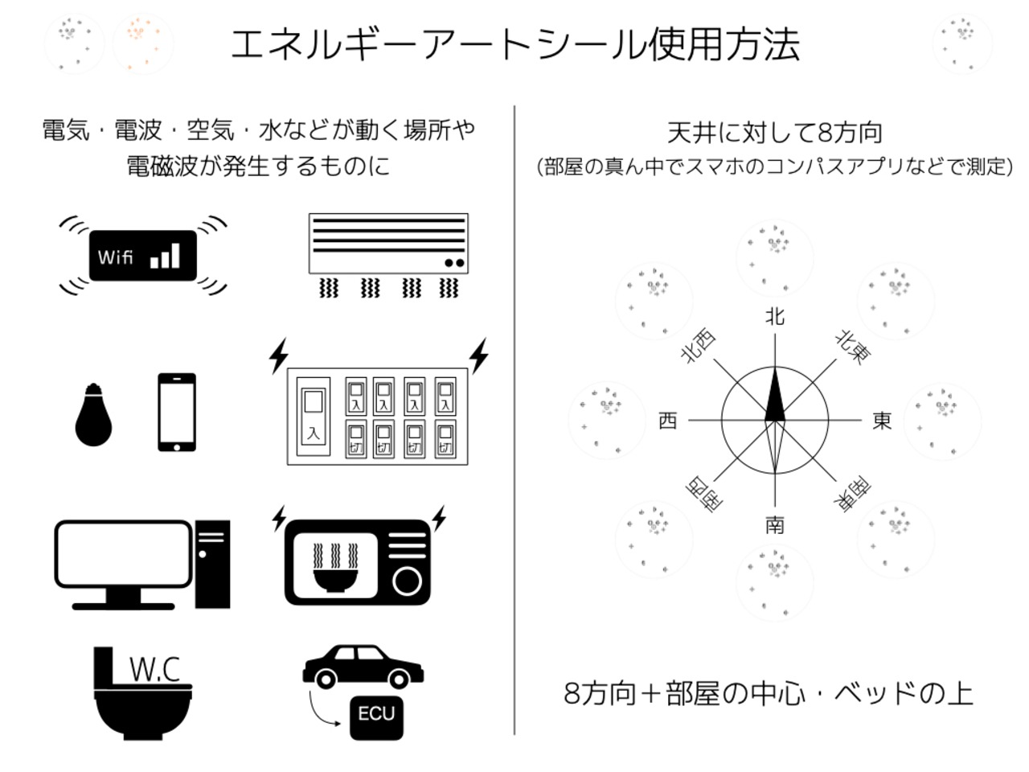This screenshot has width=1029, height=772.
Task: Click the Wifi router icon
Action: [x=143, y=256]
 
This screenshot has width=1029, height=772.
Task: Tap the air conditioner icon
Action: [x=388, y=243]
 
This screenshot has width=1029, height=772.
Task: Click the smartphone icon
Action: [x=177, y=412]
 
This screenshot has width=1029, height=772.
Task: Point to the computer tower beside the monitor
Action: [x=213, y=564]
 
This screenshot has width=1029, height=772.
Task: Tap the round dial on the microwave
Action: [x=408, y=580]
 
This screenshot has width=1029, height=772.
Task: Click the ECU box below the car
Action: [x=376, y=714]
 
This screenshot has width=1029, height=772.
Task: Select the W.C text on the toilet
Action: [x=154, y=669]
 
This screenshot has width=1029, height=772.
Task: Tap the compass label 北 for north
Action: [x=774, y=317]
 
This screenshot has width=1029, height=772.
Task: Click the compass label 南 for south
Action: [x=774, y=525]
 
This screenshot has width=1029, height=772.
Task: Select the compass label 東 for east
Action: [x=882, y=421]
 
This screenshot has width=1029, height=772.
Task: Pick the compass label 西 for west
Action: [x=667, y=421]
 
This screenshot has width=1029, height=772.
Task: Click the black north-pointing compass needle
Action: [x=775, y=396]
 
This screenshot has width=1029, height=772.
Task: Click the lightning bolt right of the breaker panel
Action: [x=479, y=355]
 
